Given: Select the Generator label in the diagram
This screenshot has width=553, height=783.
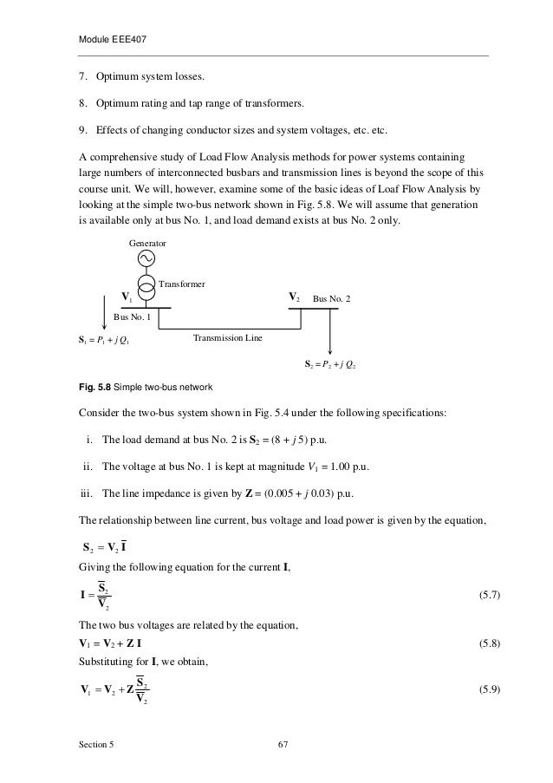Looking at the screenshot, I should [147, 245].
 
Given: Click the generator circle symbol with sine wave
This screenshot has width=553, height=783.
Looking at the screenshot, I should [146, 260].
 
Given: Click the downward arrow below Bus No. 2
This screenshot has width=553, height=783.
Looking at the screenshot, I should [330, 331].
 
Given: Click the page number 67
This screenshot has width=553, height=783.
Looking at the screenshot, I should [282, 748].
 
